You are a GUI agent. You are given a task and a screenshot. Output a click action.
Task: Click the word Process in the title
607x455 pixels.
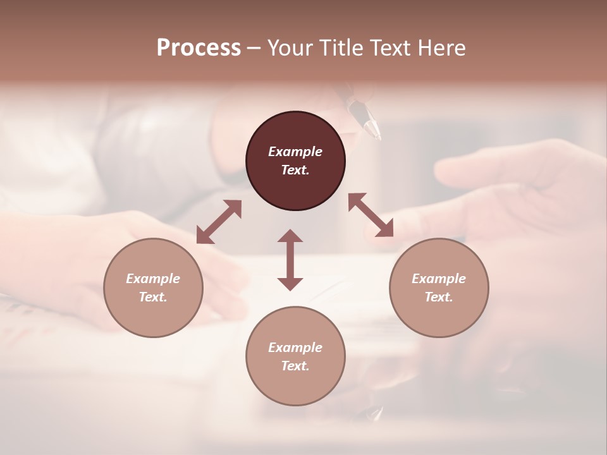(x=199, y=47)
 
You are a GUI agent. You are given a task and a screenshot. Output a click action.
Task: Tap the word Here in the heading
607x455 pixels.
(x=440, y=47)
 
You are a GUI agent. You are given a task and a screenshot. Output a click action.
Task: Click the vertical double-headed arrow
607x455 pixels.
(x=290, y=260)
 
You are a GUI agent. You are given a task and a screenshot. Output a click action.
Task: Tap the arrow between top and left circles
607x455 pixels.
(x=219, y=221)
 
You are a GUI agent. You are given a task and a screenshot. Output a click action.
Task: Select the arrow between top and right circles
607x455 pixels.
(x=371, y=215)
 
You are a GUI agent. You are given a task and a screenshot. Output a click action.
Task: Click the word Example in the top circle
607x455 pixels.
(x=295, y=152)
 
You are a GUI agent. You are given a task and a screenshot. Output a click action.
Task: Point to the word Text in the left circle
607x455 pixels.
(x=153, y=297)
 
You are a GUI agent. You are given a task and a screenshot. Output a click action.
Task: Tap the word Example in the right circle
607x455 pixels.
(x=439, y=279)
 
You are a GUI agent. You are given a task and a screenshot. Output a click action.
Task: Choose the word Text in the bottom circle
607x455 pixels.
(x=295, y=366)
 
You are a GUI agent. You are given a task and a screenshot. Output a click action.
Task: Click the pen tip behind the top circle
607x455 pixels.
(x=374, y=131)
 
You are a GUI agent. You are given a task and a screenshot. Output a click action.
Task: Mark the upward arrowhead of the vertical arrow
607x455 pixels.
(x=290, y=236)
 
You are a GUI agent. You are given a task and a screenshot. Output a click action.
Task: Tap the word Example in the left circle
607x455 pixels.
(x=153, y=279)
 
